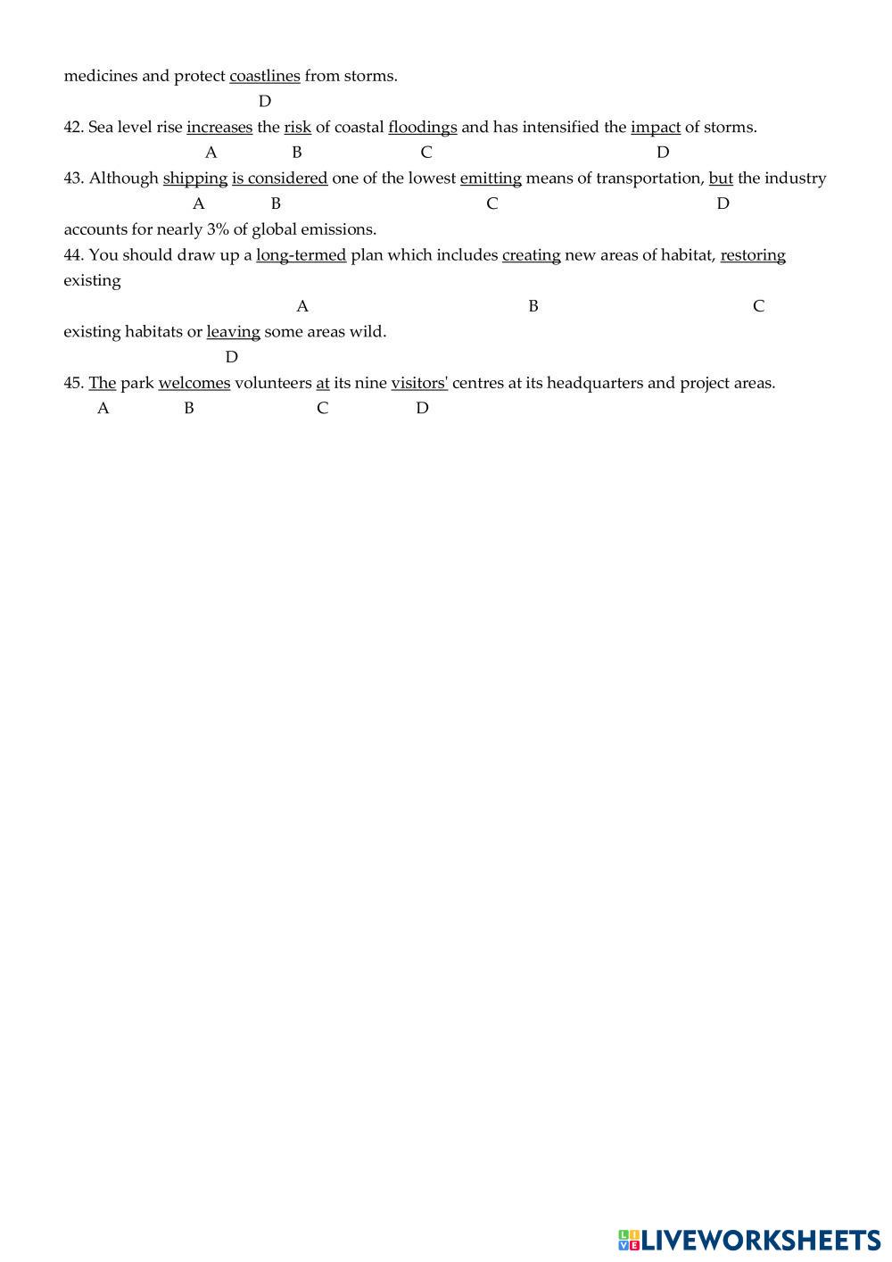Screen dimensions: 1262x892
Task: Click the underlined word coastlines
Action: [265, 76]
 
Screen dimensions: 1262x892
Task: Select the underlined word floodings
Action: [422, 127]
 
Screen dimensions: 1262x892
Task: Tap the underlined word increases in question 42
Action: [219, 127]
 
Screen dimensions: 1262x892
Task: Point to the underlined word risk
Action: [297, 127]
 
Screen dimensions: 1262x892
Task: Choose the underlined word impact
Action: [656, 127]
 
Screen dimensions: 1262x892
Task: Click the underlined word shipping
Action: [195, 178]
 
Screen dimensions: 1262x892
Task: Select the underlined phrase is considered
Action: [280, 178]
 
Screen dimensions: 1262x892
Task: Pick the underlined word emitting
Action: [491, 178]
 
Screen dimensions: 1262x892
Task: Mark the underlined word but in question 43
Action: [721, 178]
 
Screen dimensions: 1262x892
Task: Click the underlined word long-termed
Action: [301, 255]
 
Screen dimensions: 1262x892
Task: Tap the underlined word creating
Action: [532, 255]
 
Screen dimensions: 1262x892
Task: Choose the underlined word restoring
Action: [753, 255]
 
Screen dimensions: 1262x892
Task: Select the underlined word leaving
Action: [233, 332]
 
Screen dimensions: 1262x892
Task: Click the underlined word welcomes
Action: [194, 383]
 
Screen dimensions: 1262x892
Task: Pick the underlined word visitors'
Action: [419, 383]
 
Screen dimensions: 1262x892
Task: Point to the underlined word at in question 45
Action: [323, 383]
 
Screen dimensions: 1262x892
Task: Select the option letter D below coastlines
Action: [265, 101]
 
